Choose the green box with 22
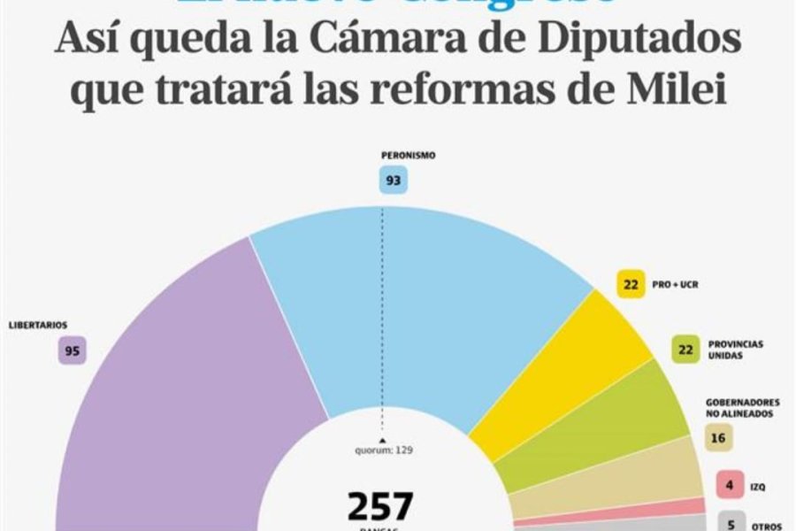coord(685,349)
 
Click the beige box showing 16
coord(718,435)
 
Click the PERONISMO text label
coord(408,156)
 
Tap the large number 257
coord(379,506)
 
